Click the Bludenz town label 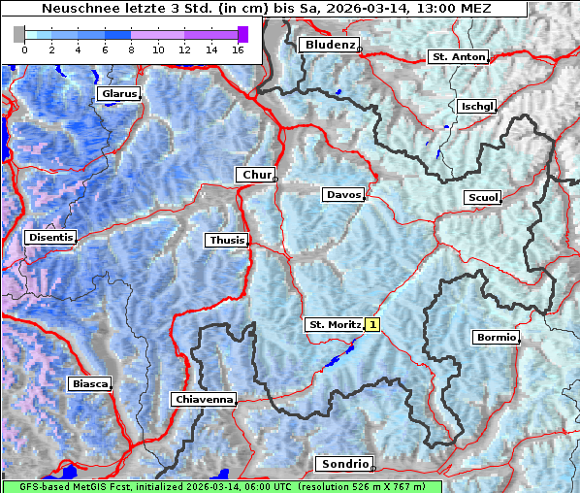coord(328,45)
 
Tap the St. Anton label coord(457,57)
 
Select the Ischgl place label coord(477,106)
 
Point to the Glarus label coord(117,94)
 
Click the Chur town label coord(256,175)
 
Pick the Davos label coord(342,195)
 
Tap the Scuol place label coord(482,198)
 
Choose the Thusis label coord(226,240)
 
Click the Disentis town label coord(50,237)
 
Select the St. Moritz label coord(334,325)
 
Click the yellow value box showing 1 coord(373,325)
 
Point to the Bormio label coord(496,338)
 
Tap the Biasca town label coord(89,384)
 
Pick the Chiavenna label coord(203,399)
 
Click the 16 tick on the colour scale coord(238,49)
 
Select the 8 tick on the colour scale coord(131,49)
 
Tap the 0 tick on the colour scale coord(24,49)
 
